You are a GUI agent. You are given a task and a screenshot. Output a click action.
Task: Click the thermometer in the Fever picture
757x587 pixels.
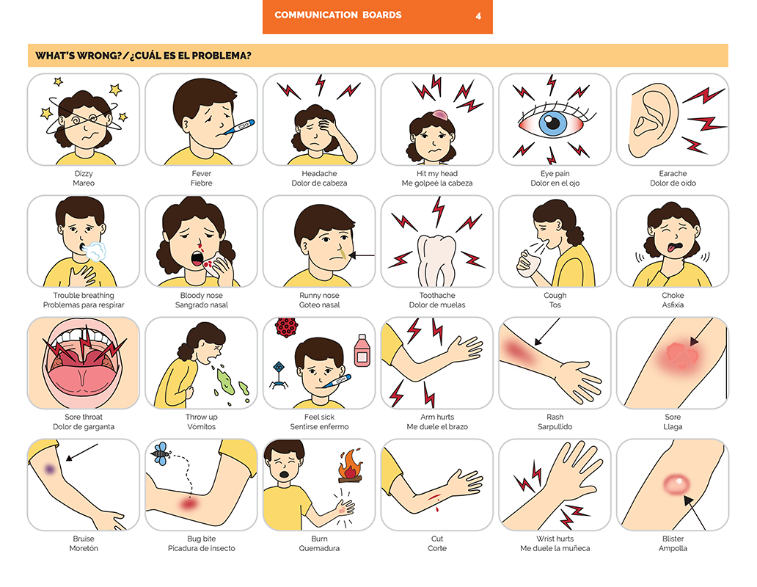pos(239,128)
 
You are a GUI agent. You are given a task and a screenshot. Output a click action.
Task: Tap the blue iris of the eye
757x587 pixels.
pos(553,123)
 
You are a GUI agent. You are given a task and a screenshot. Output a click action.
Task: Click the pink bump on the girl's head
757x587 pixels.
pos(440,115)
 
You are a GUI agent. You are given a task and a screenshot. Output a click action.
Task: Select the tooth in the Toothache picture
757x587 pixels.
pos(436,260)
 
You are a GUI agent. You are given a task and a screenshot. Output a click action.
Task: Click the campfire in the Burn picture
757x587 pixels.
pos(350,467)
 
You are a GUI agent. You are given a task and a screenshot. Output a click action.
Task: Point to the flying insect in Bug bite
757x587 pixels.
pos(161,453)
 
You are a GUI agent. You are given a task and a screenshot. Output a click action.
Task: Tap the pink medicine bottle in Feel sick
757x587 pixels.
pos(362,351)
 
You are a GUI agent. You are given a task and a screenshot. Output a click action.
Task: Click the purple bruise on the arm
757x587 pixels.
pos(50,469)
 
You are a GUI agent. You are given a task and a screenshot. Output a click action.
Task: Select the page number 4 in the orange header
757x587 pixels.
pos(478,16)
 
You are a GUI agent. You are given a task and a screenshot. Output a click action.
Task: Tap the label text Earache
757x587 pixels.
pos(673,173)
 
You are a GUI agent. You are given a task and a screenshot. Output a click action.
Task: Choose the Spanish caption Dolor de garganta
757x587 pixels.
pos(84,427)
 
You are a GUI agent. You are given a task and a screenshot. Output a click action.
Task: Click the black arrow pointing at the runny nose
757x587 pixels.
pos(361,255)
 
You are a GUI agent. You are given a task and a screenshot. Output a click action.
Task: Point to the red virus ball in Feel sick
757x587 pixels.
pos(286,327)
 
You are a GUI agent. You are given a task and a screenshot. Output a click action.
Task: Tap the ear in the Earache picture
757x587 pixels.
pos(653,120)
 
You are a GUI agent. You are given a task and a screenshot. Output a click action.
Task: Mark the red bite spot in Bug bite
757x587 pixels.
pos(189,505)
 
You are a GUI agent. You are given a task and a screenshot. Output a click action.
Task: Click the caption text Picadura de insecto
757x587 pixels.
pos(201,548)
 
